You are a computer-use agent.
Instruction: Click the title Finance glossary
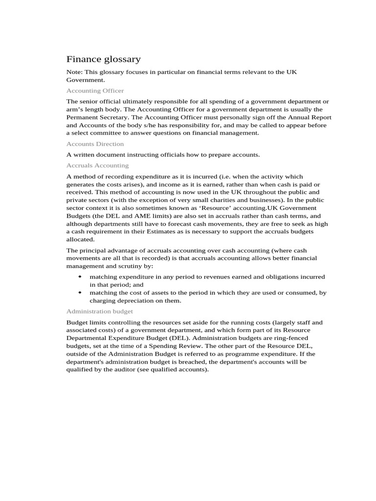103,59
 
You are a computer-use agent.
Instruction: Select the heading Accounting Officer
95,91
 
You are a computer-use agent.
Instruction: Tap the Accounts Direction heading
95,144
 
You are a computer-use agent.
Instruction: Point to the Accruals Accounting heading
97,165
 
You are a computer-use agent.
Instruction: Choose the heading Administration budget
99,311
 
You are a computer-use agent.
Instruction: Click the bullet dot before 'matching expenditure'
80,276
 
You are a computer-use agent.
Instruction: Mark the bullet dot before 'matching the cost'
80,293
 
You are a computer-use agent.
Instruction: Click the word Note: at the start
75,72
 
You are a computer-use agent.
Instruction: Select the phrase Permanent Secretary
95,117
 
